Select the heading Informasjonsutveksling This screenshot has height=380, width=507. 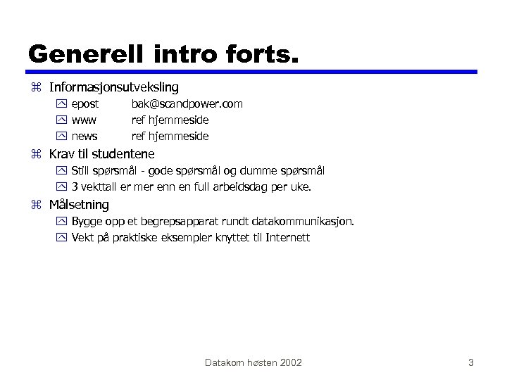[113, 87]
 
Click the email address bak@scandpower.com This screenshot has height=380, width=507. [187, 104]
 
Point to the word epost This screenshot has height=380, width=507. [85, 104]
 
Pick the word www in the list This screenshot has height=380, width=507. [84, 120]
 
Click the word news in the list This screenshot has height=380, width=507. [84, 136]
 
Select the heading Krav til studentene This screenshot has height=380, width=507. [101, 153]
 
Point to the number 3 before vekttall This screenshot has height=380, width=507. [75, 187]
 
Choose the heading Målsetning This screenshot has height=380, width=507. [79, 205]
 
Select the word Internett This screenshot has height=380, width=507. [287, 238]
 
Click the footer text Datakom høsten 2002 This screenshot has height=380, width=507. [254, 362]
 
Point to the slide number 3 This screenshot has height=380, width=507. [470, 362]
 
